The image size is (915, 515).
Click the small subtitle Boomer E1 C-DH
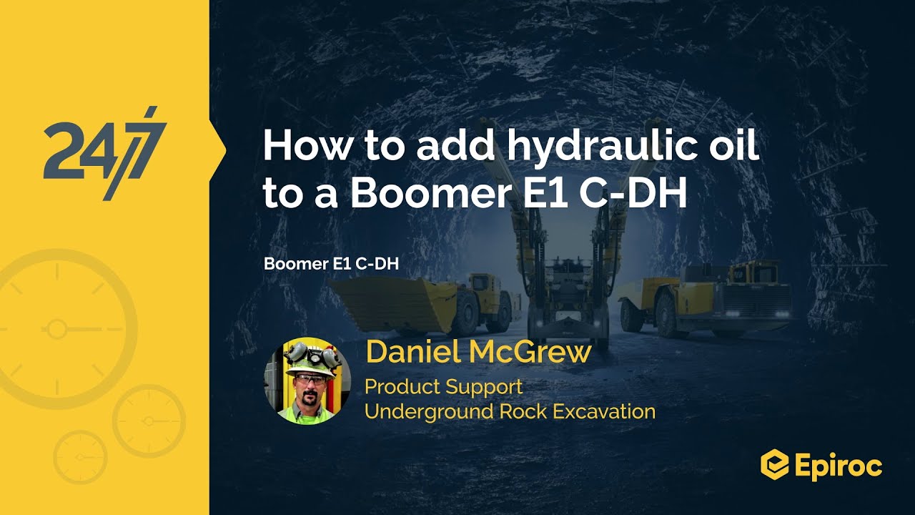coord(331,263)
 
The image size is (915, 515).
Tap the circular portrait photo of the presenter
coord(308,381)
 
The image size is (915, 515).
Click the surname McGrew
coord(533,353)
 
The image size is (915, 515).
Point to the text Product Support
coord(443,387)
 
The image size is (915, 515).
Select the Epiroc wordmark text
coord(838,466)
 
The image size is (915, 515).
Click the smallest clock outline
coord(80,456)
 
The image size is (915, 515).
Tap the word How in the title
coord(303,147)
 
